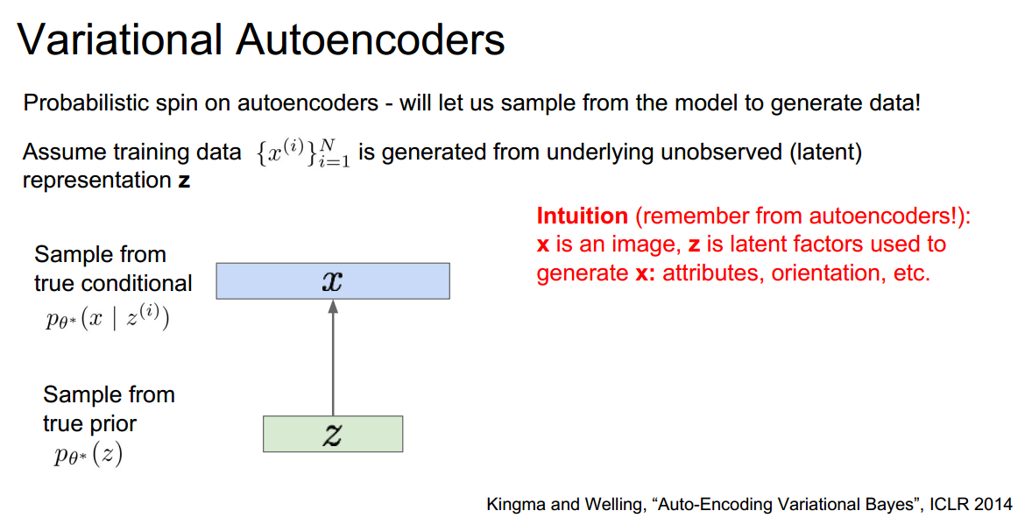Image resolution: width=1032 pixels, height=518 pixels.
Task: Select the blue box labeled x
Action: [x=333, y=281]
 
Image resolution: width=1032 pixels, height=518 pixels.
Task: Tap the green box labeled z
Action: [x=333, y=434]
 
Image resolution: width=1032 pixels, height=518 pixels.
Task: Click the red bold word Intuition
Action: [x=582, y=216]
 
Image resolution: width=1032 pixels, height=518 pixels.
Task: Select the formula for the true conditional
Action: [x=107, y=317]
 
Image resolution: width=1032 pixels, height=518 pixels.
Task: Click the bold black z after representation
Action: [x=183, y=182]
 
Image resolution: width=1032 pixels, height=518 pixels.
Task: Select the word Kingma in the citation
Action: [x=517, y=504]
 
